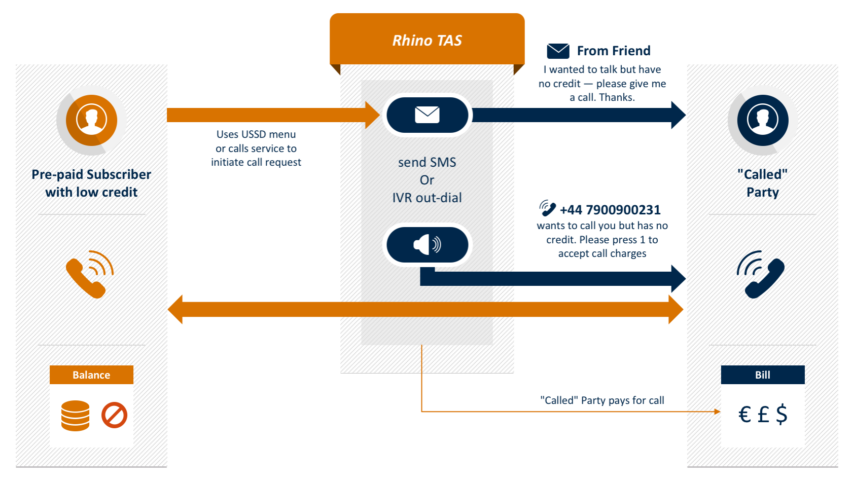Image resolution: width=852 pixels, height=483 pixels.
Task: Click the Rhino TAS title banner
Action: click(427, 40)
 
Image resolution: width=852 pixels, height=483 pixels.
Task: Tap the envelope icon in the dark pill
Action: click(427, 115)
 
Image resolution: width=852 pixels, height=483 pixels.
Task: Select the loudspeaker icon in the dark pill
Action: click(427, 245)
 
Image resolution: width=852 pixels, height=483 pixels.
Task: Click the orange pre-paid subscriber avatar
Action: click(91, 120)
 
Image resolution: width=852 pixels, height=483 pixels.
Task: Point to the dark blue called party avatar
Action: click(762, 120)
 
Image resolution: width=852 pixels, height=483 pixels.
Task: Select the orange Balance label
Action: click(91, 375)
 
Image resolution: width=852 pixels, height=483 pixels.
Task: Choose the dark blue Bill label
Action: click(762, 375)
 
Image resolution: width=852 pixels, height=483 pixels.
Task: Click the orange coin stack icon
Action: click(75, 416)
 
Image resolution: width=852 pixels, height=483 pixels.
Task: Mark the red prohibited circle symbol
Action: click(114, 416)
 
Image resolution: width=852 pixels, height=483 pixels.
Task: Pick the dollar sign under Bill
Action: click(782, 414)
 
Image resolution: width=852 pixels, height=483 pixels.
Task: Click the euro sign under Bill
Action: click(744, 415)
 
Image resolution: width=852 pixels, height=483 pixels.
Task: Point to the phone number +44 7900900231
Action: click(610, 210)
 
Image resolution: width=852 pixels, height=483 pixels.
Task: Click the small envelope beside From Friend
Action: click(558, 51)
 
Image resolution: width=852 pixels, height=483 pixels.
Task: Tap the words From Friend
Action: click(614, 51)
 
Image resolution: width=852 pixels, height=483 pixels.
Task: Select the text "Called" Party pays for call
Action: click(602, 400)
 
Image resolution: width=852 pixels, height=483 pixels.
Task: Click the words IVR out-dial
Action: click(427, 198)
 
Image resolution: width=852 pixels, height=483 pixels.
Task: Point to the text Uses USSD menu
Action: click(256, 134)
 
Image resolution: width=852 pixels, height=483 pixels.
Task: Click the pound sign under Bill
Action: click(763, 415)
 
